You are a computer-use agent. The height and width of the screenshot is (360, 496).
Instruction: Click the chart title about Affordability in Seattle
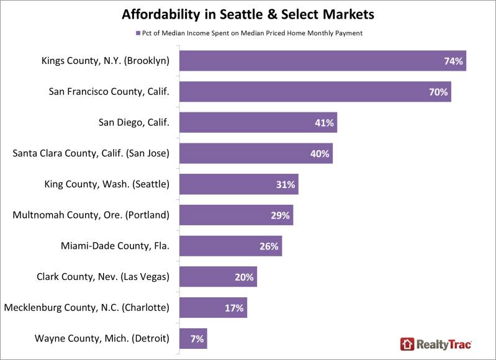click(x=248, y=14)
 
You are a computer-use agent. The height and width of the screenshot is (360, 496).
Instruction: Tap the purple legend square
click(x=138, y=34)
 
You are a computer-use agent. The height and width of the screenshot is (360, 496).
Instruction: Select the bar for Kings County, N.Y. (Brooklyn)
click(x=323, y=60)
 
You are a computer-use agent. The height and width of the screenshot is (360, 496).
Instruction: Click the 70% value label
click(x=438, y=92)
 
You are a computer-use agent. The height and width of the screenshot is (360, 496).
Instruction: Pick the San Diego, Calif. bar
click(x=258, y=122)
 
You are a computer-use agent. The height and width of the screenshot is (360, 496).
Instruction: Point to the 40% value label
click(x=320, y=154)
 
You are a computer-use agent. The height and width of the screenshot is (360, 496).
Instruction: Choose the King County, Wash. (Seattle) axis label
click(x=107, y=184)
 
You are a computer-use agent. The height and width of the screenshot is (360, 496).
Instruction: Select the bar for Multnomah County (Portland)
click(x=237, y=215)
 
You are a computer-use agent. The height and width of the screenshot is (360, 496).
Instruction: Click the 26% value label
click(x=269, y=246)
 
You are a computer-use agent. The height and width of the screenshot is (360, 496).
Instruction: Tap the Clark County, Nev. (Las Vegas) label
click(x=103, y=277)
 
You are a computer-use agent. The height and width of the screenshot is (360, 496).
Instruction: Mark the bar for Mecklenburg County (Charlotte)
click(x=213, y=307)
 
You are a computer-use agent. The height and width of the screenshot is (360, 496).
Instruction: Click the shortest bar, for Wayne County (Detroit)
click(x=193, y=338)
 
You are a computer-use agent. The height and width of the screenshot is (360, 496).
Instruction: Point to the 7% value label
click(x=197, y=339)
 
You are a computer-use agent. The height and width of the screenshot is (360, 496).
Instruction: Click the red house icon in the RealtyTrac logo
click(x=407, y=344)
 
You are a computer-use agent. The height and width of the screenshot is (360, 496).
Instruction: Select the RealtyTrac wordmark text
click(x=444, y=344)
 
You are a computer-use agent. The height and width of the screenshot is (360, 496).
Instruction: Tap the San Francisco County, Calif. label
click(x=109, y=91)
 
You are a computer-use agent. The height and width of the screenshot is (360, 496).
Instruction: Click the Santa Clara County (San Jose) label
click(x=91, y=153)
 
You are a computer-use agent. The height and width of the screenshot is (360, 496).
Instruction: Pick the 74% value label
click(x=454, y=61)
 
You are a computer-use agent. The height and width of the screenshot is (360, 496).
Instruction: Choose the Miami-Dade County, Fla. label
click(x=115, y=246)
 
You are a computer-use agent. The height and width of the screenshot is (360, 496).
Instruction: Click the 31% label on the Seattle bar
click(x=286, y=184)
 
